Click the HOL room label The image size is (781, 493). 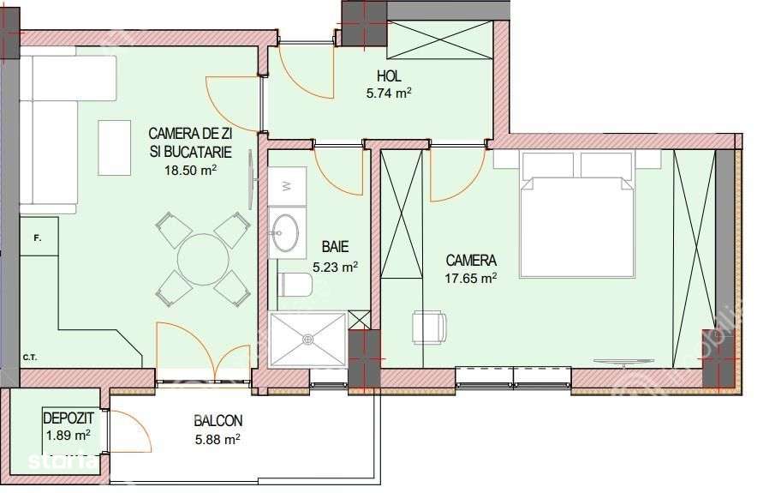pos(389,77)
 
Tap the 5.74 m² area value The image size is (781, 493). pos(389,94)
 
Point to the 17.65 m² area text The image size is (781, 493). pos(471,277)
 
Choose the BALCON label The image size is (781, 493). pos(218,421)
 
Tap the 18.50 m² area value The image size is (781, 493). pos(189,170)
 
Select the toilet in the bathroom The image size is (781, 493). pos(294,284)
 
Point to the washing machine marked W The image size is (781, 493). pos(287,184)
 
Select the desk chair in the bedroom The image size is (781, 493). pos(429,326)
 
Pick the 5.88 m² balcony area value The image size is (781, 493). pos(217,440)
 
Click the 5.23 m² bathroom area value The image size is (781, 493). pos(335,267)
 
